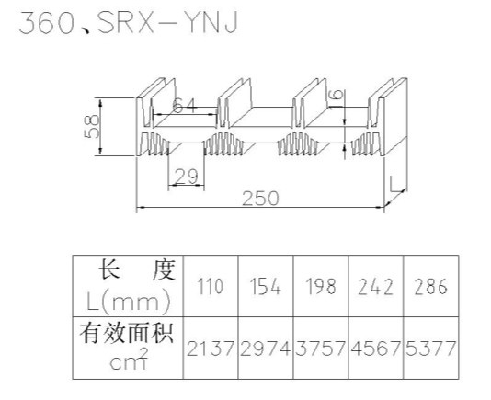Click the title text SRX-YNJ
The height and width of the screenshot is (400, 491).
tap(167, 23)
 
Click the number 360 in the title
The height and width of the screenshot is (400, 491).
tap(47, 23)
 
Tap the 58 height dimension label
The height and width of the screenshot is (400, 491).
tap(91, 126)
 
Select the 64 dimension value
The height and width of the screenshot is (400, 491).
tap(185, 105)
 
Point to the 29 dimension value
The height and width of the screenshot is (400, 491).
tap(187, 176)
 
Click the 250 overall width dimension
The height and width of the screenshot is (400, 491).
tap(260, 199)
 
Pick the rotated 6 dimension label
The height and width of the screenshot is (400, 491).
tap(337, 95)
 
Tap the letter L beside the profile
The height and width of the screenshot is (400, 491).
tap(395, 184)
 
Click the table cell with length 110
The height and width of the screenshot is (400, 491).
tap(211, 286)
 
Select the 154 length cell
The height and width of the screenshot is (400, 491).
tap(265, 286)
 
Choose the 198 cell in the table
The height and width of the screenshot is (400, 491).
tap(320, 286)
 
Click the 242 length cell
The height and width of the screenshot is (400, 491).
tap(375, 286)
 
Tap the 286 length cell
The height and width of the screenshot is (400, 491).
tap(430, 286)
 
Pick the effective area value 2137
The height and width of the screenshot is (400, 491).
tap(211, 349)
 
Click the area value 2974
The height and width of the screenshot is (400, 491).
tap(265, 349)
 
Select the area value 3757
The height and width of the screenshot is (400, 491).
tap(320, 349)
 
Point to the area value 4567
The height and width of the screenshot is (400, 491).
tap(375, 349)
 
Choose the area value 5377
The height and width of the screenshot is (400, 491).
tap(430, 349)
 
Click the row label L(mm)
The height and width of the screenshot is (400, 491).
tap(129, 302)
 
